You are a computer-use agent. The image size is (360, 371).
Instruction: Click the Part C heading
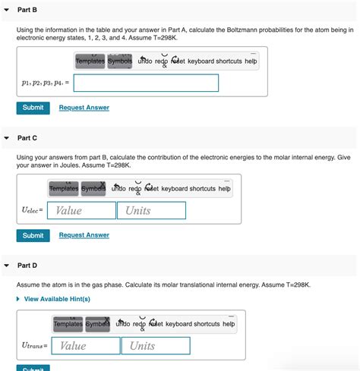pyautogui.click(x=27, y=138)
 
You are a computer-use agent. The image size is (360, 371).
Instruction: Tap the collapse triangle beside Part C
pyautogui.click(x=7, y=138)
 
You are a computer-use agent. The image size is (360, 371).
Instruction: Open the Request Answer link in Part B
pyautogui.click(x=84, y=108)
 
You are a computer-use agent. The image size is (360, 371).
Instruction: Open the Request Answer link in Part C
pyautogui.click(x=84, y=235)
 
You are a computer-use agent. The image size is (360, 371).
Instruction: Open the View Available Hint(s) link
pyautogui.click(x=57, y=299)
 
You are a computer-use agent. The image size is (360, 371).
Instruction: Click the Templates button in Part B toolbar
pyautogui.click(x=90, y=61)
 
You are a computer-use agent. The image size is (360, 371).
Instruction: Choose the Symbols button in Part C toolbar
pyautogui.click(x=94, y=188)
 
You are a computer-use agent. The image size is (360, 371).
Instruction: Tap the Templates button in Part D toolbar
pyautogui.click(x=68, y=324)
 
